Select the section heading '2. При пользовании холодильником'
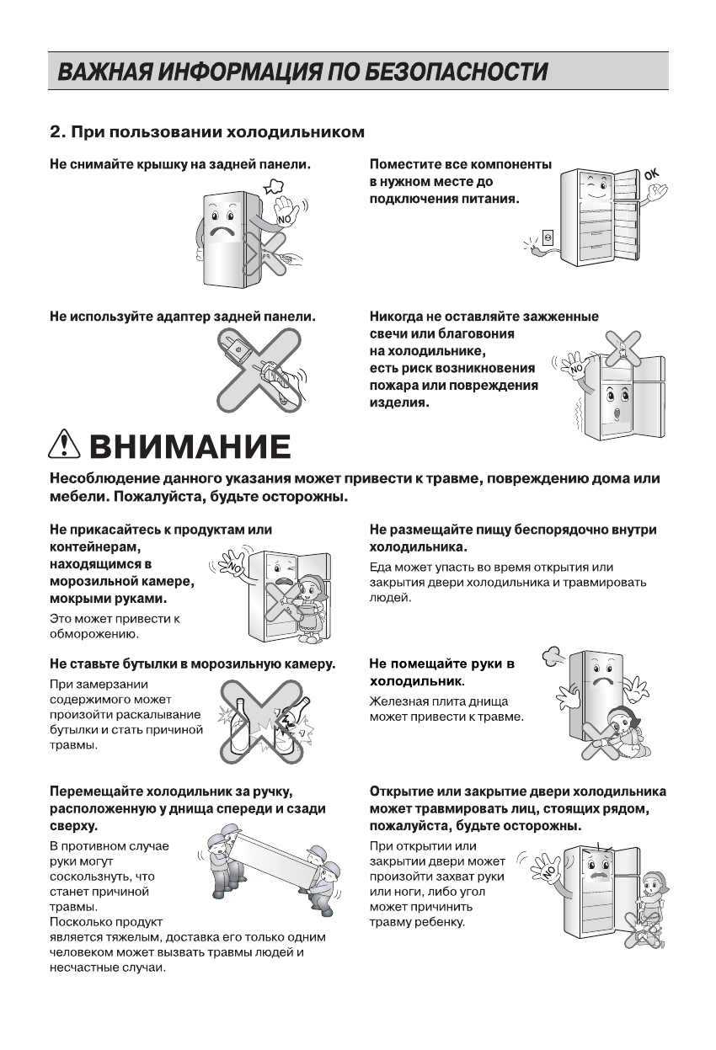point(207,132)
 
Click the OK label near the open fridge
point(652,175)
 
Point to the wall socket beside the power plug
point(547,237)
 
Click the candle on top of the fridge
point(620,346)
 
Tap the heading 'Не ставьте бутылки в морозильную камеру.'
point(192,664)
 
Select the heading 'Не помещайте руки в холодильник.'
point(442,671)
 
